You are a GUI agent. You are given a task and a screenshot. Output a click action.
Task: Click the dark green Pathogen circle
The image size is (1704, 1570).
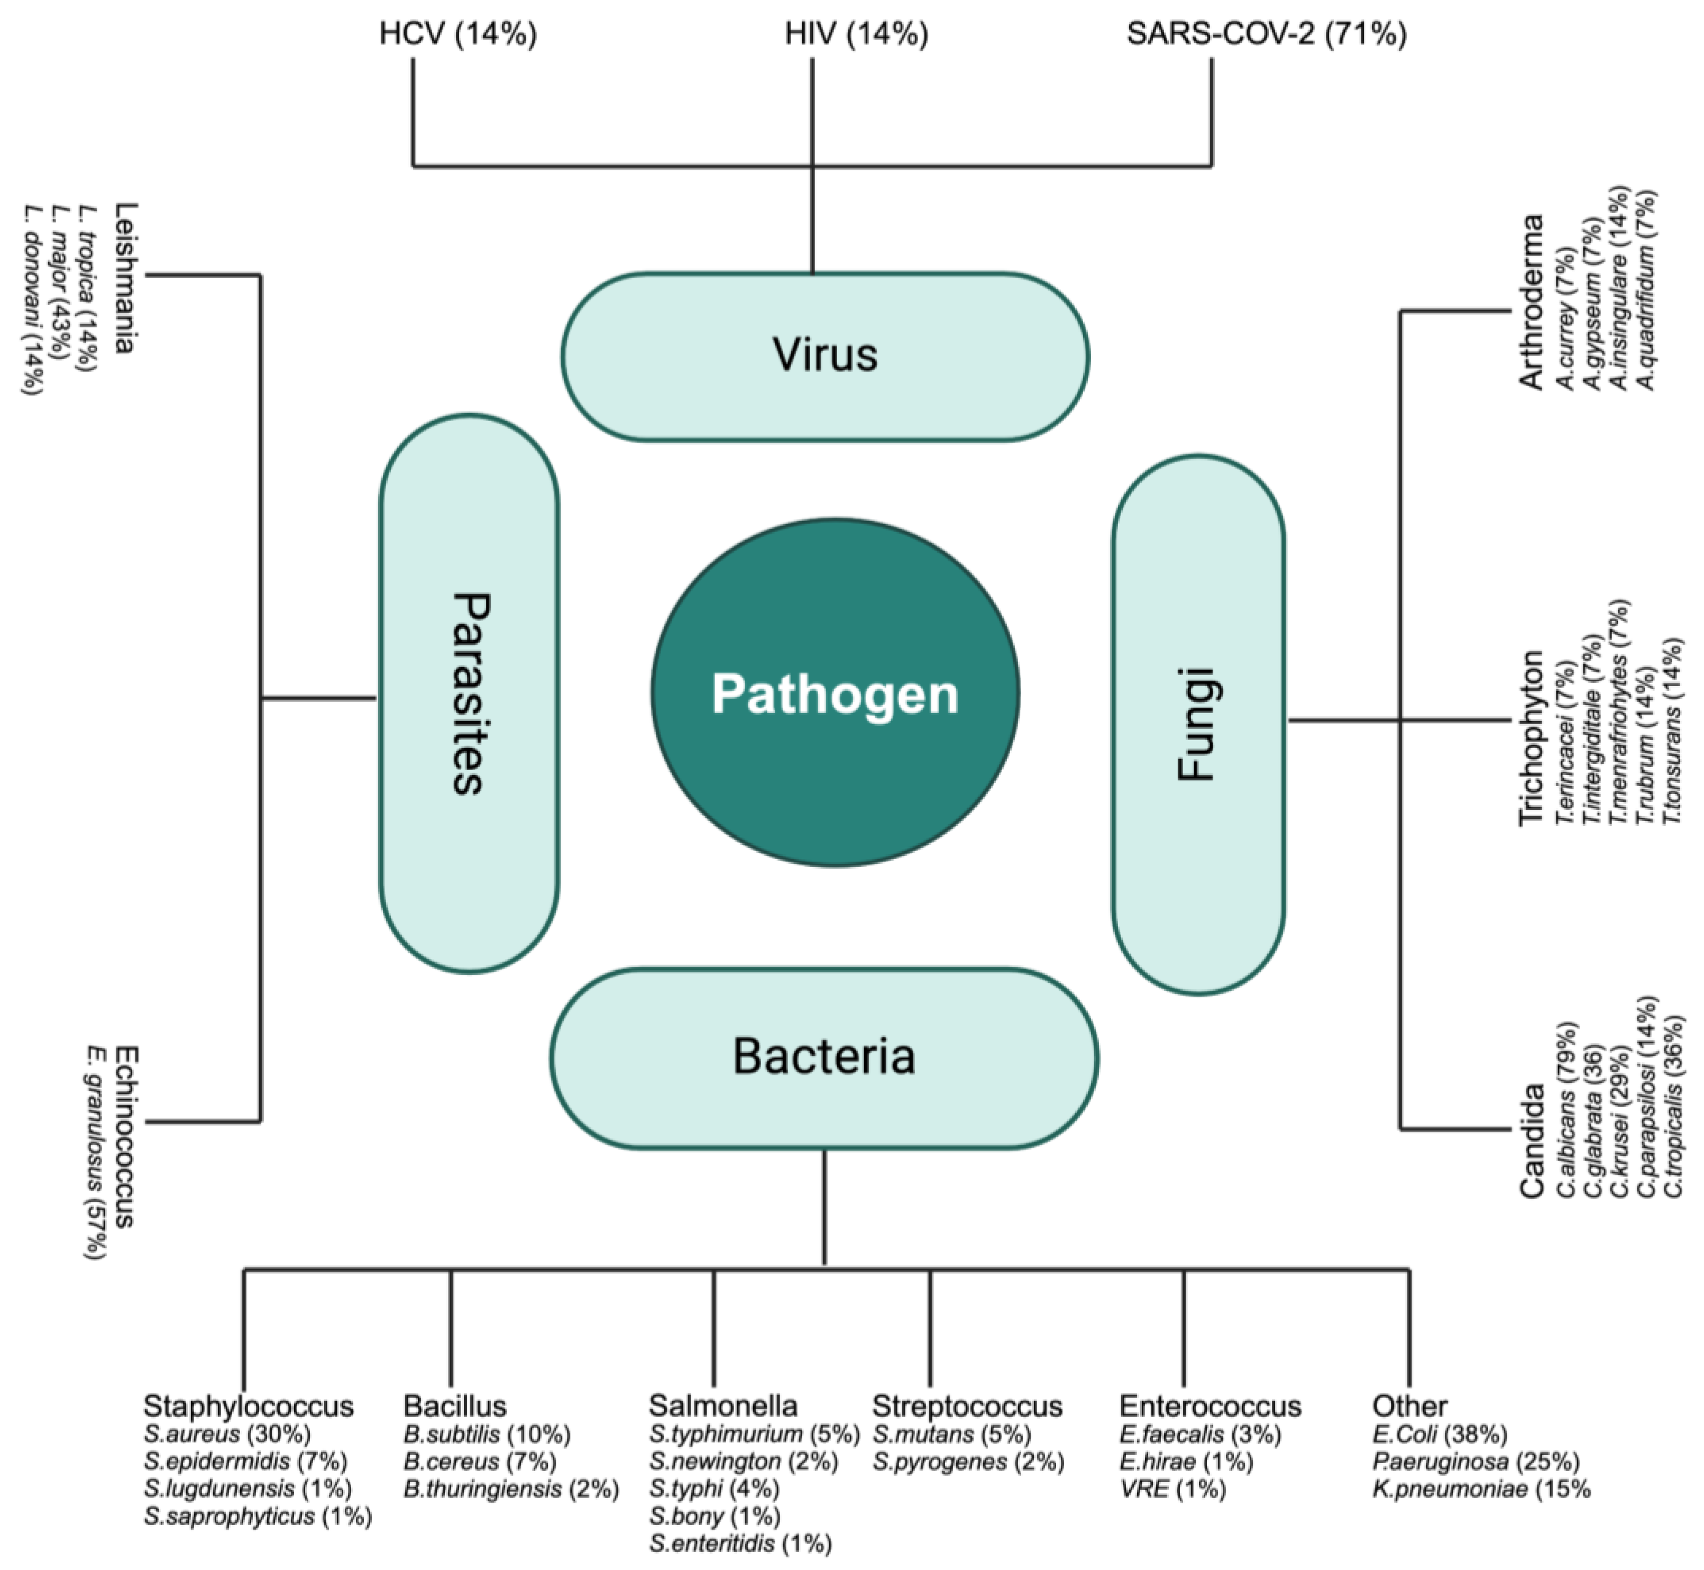[835, 692]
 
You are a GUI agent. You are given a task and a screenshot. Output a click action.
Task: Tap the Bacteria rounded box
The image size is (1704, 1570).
[824, 1058]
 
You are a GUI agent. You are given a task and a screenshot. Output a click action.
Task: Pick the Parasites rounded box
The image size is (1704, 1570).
[469, 692]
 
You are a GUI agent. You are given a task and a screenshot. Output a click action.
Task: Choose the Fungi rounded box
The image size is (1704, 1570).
[1198, 724]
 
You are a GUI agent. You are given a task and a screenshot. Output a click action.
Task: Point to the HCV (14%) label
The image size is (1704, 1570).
[458, 34]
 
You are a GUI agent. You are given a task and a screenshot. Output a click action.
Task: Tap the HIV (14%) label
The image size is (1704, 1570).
[856, 34]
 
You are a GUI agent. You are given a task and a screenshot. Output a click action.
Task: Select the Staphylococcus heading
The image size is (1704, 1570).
[248, 1406]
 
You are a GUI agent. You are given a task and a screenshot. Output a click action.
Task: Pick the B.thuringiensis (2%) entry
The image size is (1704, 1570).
[510, 1489]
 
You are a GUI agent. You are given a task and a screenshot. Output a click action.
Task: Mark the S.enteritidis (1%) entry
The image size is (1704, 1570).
[740, 1544]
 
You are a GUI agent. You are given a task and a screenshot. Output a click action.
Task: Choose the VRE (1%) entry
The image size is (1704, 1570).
[1172, 1489]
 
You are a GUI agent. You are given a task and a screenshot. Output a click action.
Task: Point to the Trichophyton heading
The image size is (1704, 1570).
[1531, 737]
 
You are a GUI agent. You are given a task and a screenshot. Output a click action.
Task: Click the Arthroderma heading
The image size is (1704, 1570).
[1531, 303]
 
